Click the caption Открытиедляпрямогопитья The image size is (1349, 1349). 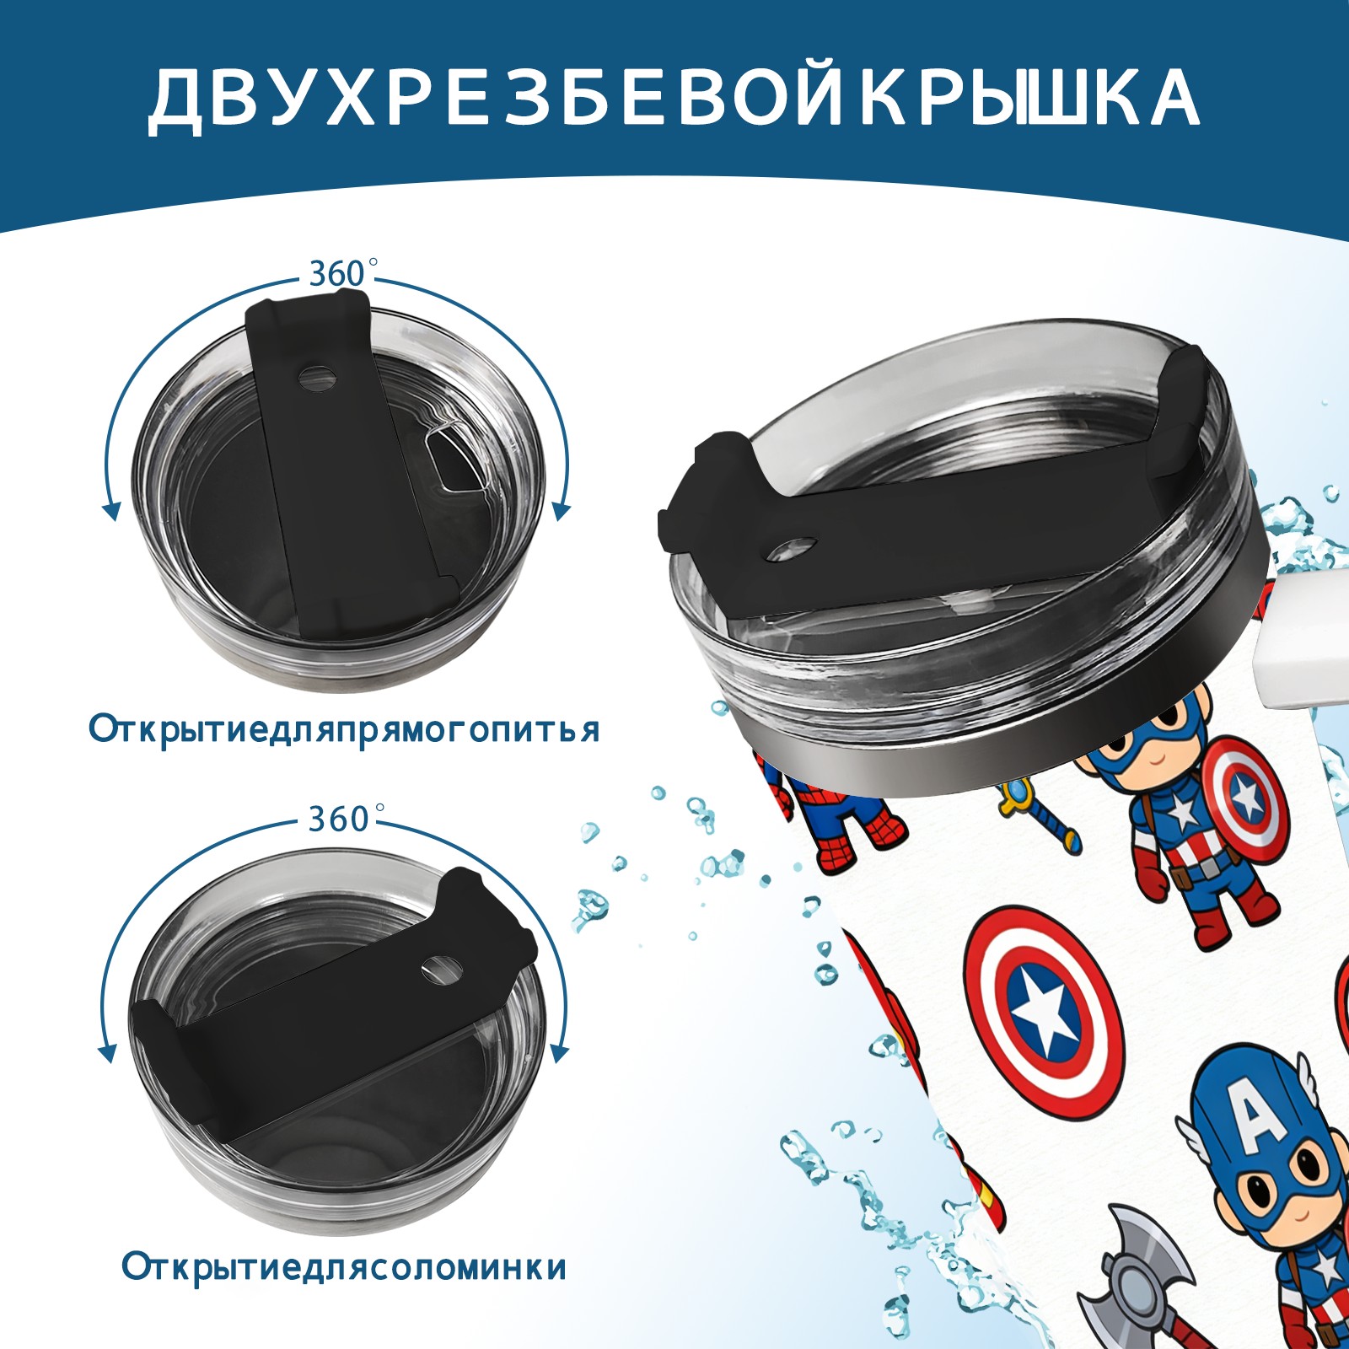(x=344, y=728)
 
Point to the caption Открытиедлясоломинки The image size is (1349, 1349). (x=344, y=1267)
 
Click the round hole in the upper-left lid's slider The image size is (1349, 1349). (x=319, y=377)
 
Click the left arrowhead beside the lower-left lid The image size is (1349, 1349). (x=107, y=1053)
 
